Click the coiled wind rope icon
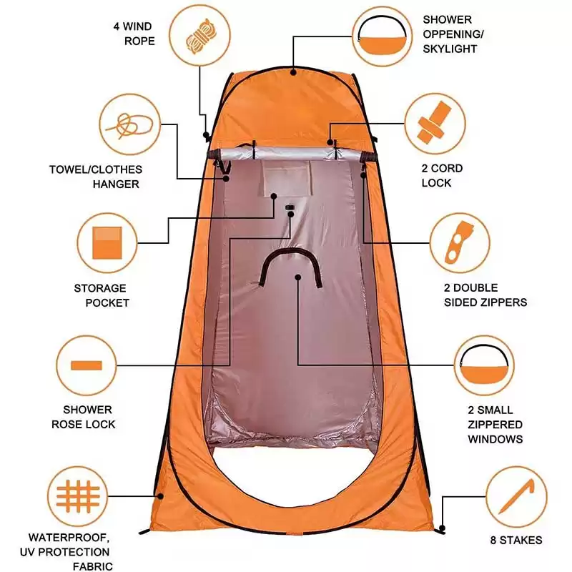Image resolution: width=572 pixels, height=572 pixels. coord(200,36)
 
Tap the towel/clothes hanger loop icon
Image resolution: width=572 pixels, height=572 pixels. coord(129,125)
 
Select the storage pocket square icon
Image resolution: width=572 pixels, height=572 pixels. coord(107,242)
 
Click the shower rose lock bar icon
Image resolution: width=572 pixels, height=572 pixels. coord(87,365)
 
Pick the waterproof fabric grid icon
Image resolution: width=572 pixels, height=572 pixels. coord(78,496)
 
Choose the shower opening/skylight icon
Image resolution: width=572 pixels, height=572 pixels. coord(382,34)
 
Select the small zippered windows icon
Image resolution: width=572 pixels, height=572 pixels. coord(484,365)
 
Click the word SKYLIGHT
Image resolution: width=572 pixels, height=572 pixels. coord(450,49)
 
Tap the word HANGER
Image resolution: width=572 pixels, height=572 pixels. coord(116,184)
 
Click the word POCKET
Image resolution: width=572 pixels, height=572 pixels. coord(107,302)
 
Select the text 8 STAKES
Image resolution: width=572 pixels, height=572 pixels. coord(516,540)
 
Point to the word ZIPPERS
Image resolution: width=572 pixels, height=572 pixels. coord(505,302)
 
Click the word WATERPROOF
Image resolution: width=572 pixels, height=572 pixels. coord(69,538)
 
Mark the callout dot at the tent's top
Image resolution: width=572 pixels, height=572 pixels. coord(293,72)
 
